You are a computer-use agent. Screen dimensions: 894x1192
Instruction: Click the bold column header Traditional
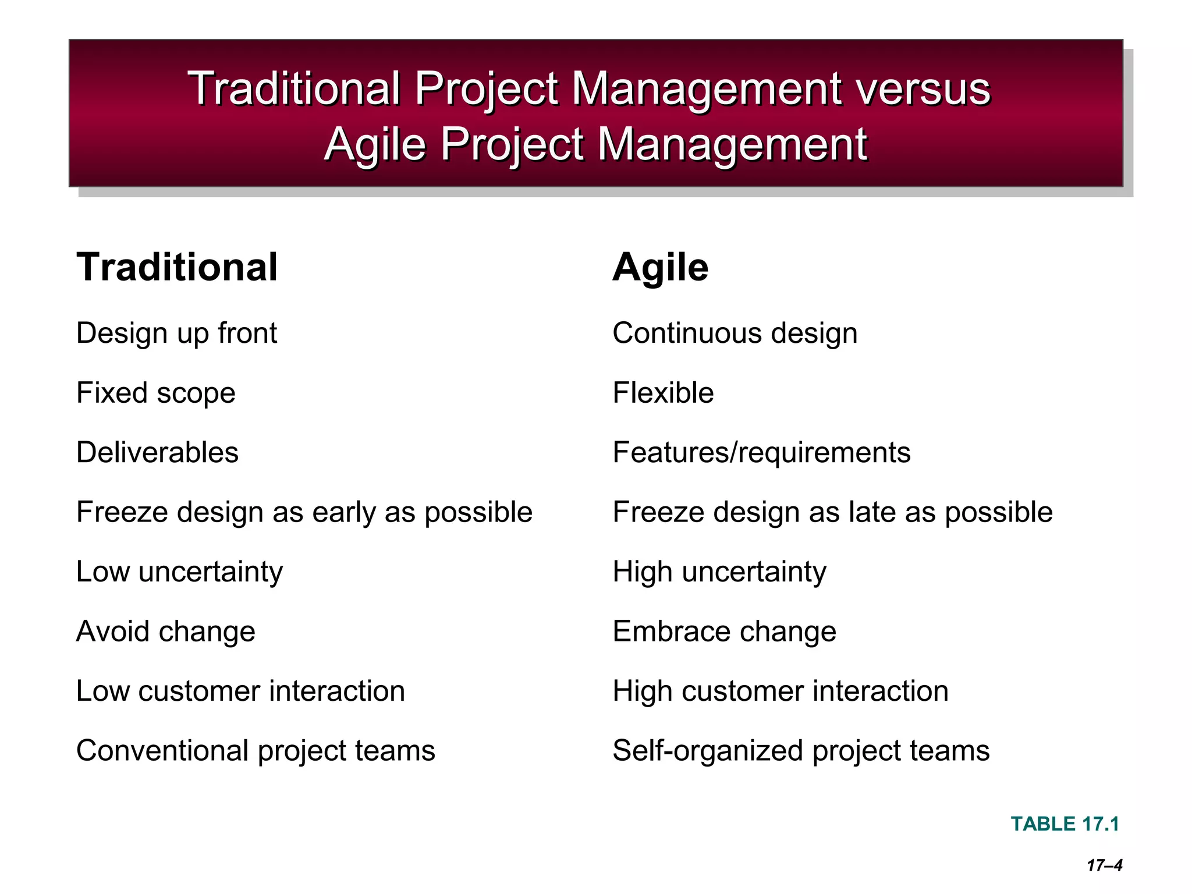pyautogui.click(x=177, y=268)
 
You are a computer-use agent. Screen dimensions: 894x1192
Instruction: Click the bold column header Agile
pyautogui.click(x=660, y=268)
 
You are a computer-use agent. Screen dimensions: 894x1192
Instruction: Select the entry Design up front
pyautogui.click(x=176, y=334)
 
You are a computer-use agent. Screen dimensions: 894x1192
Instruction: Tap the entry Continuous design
pyautogui.click(x=735, y=334)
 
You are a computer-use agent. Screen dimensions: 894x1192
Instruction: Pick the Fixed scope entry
pyautogui.click(x=155, y=393)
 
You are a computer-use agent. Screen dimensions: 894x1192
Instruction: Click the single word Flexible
pyautogui.click(x=663, y=393)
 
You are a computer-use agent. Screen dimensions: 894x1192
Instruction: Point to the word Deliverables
pyautogui.click(x=157, y=453)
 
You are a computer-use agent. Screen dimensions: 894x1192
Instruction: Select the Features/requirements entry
pyautogui.click(x=761, y=453)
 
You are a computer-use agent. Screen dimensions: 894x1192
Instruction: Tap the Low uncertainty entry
pyautogui.click(x=179, y=572)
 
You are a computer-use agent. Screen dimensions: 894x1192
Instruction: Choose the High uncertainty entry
pyautogui.click(x=719, y=572)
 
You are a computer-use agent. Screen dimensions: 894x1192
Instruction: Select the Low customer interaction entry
pyautogui.click(x=240, y=691)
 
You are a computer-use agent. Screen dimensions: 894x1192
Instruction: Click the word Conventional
pyautogui.click(x=162, y=751)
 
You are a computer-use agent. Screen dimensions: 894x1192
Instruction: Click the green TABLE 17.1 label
pyautogui.click(x=1065, y=824)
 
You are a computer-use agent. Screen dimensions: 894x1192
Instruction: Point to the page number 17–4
pyautogui.click(x=1104, y=865)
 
